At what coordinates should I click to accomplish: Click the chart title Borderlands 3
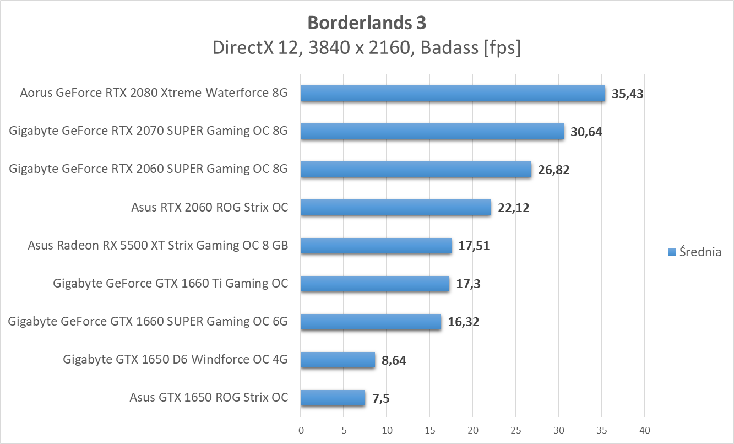[367, 23]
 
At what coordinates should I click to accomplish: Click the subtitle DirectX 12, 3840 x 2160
[367, 48]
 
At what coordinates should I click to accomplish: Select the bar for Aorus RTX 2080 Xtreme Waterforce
[453, 94]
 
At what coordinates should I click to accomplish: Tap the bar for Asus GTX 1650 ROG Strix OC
[333, 398]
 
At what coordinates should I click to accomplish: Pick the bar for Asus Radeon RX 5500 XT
[376, 246]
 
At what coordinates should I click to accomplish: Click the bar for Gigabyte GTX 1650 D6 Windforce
[338, 360]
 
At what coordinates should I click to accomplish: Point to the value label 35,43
[627, 94]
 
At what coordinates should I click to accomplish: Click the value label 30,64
[586, 132]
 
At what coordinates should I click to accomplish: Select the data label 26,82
[553, 170]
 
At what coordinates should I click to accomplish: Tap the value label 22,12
[513, 208]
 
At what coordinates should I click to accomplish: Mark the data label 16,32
[463, 322]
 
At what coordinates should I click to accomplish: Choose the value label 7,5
[381, 398]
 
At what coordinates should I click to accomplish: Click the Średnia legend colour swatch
[672, 252]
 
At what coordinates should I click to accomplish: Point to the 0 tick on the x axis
[301, 430]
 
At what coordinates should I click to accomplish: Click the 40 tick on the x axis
[644, 430]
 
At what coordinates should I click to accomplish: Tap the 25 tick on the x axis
[515, 430]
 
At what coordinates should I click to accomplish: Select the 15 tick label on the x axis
[429, 430]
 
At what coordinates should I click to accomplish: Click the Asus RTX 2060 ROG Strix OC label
[209, 208]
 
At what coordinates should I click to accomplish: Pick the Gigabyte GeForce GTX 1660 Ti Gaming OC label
[170, 284]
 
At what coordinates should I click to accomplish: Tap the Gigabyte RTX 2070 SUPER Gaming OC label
[148, 132]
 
